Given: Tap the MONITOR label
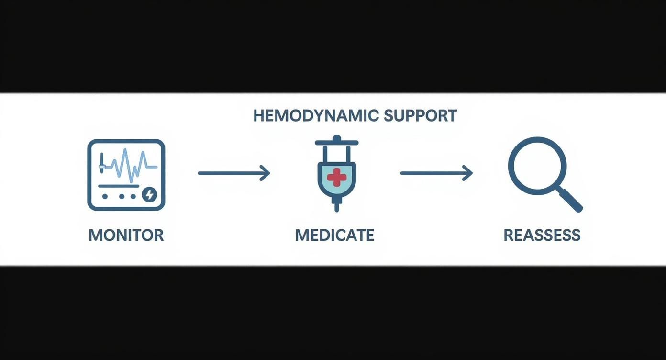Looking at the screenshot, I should [126, 235].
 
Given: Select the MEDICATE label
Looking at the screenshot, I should [334, 235].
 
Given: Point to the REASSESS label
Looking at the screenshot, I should [542, 235].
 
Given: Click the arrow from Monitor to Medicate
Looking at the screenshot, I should [233, 173].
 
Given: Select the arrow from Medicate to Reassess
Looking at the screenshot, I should [436, 173].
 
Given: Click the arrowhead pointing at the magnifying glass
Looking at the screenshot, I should [467, 173].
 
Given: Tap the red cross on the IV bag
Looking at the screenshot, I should [337, 177].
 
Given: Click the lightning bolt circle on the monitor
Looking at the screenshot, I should [149, 194].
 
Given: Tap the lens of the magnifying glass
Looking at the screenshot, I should [537, 166].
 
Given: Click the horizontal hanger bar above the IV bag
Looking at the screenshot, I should [336, 143].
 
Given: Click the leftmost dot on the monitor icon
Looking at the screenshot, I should [105, 196].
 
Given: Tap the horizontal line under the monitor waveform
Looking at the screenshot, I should [119, 186].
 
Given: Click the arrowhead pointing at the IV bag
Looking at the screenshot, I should [265, 173].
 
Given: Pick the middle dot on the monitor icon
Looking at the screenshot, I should [122, 196].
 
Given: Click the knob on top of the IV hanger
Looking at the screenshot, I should [337, 138].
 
